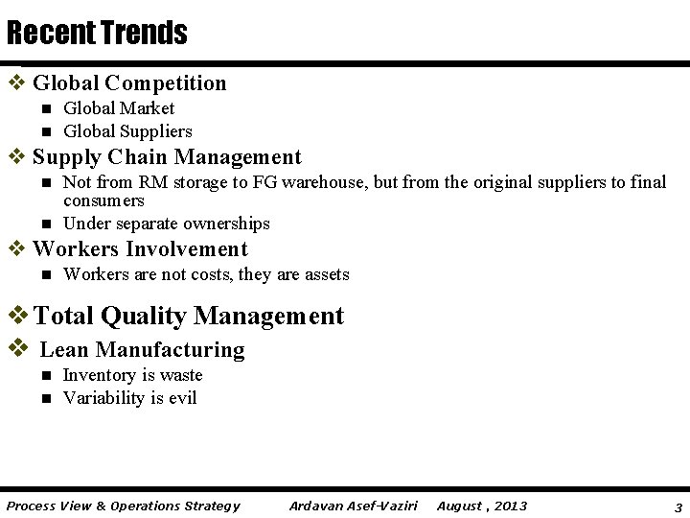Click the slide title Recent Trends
pos(97,35)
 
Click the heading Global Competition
pos(129,83)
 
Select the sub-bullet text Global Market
pos(119,109)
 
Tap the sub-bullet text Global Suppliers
pos(127,131)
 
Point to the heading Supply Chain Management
pos(167,157)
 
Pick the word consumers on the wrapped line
pos(103,200)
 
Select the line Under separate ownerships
pos(166,224)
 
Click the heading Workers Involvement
pos(140,249)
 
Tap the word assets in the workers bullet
pos(327,275)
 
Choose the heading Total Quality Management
pos(189,316)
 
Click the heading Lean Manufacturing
pos(142,350)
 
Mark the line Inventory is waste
pos(132,375)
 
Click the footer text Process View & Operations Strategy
pos(123,506)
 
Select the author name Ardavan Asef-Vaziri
pos(353,506)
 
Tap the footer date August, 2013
pos(481,506)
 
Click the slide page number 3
pos(678,506)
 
